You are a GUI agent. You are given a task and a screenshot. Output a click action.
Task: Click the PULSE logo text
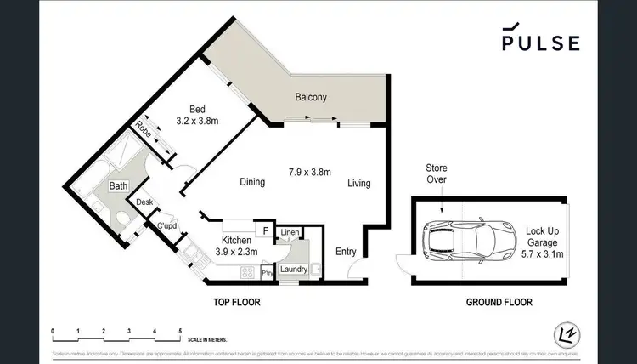tap(540, 43)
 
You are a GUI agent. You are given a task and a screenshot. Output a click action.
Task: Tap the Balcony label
tap(311, 97)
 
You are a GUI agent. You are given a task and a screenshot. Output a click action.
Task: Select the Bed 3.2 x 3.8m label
tap(197, 115)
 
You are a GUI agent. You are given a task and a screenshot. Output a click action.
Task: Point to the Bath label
tap(118, 185)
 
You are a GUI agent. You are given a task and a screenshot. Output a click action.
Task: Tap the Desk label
tap(144, 202)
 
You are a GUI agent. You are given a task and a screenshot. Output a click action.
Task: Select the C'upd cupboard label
tap(166, 225)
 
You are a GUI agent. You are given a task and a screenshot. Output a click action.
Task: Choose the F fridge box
tap(265, 230)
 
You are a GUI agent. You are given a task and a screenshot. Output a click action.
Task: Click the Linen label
tap(290, 231)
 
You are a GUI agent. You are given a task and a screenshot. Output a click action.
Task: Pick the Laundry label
tap(293, 270)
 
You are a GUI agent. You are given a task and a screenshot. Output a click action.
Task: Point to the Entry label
tap(346, 251)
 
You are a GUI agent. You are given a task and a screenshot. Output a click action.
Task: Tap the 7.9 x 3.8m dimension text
tap(308, 173)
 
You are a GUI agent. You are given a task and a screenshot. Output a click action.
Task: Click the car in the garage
tap(462, 241)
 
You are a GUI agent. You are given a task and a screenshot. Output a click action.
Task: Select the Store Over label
tap(436, 173)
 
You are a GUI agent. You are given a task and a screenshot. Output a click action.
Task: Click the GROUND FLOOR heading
tap(499, 302)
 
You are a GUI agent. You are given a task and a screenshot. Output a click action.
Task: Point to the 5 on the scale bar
tap(179, 331)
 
